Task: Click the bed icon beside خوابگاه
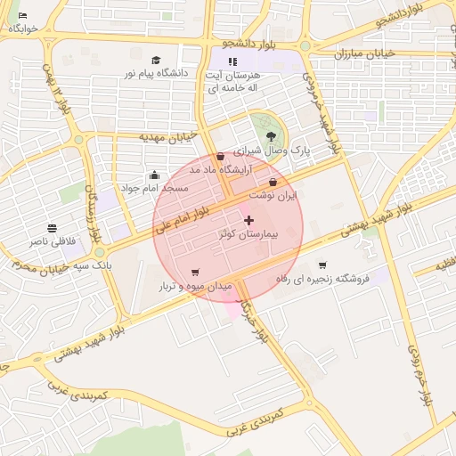point(22,16)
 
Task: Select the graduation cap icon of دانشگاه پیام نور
point(157,60)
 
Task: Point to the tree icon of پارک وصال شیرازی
point(271,136)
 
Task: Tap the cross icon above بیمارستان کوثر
point(248,220)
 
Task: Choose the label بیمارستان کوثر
point(248,234)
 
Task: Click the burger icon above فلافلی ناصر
point(53,228)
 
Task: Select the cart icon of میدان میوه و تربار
point(195,273)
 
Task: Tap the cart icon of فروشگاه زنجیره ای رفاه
point(322,265)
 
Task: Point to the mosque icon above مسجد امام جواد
point(155,175)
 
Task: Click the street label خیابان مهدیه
point(167,136)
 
